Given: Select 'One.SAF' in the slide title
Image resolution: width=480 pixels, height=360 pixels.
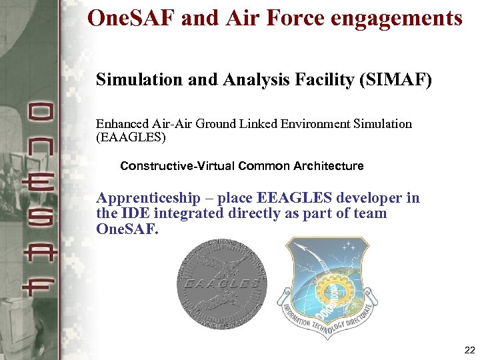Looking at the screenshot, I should pos(131,18).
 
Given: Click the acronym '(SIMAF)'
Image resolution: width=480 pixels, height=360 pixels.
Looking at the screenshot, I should pos(396,81).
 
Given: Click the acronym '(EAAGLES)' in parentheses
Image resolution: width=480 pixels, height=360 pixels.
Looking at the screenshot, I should pos(131,137).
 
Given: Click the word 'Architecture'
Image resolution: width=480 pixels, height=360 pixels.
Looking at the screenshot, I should pos(328,166).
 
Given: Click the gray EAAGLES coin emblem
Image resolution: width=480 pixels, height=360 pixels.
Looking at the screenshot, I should pos(221,283).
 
